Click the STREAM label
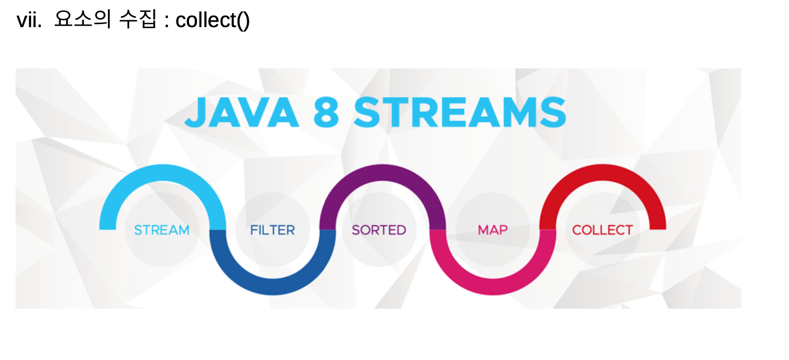161,230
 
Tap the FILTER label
272,230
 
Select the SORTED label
379,230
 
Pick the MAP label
492,230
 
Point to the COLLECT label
603,230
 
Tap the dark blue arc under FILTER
273,286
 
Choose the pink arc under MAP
493,286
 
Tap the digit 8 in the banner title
326,112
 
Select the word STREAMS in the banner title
460,112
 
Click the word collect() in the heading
213,20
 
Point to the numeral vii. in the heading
29,20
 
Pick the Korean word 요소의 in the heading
82,19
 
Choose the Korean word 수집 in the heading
138,19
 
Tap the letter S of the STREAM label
138,230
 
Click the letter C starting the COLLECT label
577,230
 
